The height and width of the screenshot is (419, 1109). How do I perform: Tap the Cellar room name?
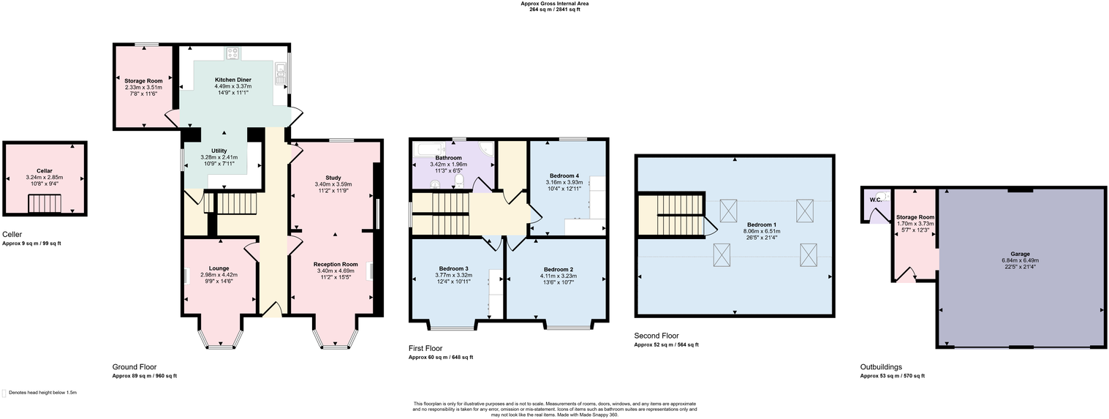point(44,170)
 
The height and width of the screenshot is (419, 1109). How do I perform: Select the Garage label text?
point(1020,254)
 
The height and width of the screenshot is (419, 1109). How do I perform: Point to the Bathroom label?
point(448,158)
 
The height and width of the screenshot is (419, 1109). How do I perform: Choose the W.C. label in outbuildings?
point(874,200)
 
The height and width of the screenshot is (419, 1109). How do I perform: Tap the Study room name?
point(333,178)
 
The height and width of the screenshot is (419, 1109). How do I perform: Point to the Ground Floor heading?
point(134,367)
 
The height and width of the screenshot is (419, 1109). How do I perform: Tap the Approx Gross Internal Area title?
point(554,4)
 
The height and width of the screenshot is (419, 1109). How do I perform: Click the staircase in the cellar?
point(44,203)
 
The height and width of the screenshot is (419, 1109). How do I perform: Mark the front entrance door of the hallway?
point(272,311)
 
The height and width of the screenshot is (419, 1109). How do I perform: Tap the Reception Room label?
point(336,264)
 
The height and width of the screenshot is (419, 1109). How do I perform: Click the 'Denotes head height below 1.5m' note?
point(42,393)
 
